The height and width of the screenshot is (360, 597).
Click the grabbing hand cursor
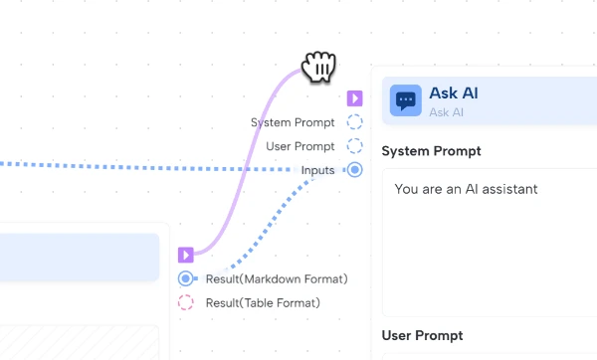319,67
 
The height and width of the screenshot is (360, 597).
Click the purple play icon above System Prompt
355,98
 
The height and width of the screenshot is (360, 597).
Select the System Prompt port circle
355,122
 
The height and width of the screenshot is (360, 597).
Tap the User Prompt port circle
355,146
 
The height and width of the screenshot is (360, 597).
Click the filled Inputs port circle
355,170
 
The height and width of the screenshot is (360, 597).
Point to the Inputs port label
318,170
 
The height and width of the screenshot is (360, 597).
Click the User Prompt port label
300,146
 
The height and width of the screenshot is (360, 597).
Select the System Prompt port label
293,122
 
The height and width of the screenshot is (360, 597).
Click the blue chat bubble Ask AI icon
405,100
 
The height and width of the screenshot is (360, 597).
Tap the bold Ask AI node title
454,93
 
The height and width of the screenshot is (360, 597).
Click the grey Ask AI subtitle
446,112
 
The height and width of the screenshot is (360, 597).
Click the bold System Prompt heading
432,151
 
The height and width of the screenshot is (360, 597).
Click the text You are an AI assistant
466,188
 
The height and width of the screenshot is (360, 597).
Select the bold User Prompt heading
422,335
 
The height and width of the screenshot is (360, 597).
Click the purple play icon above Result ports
186,256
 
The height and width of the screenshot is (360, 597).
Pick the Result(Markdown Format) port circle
186,278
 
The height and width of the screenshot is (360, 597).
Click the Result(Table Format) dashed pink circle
186,302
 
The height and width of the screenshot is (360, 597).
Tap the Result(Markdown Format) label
276,278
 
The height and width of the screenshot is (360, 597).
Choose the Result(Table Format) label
263,302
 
